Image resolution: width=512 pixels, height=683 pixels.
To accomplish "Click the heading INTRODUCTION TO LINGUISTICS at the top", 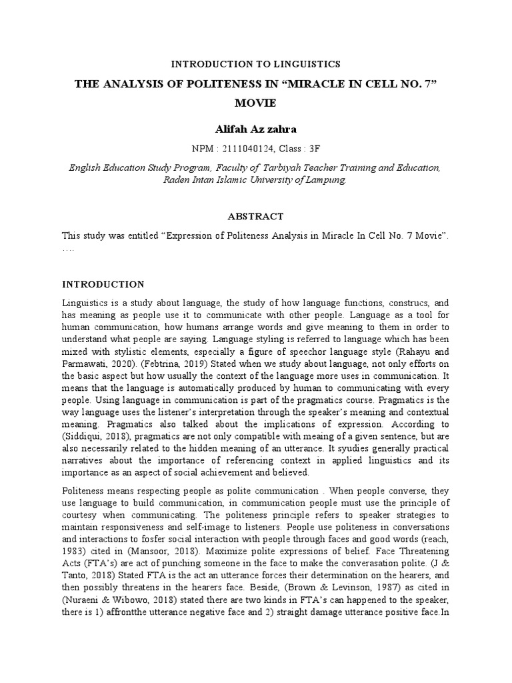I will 256,64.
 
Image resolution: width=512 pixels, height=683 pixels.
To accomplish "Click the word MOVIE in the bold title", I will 255,103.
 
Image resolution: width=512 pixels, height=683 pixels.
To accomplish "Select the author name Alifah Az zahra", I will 255,127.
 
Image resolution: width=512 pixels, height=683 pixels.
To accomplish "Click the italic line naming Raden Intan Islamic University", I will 255,180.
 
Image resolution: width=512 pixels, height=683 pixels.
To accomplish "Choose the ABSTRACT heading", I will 255,216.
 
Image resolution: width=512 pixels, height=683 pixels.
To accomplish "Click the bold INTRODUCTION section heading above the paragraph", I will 103,284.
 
